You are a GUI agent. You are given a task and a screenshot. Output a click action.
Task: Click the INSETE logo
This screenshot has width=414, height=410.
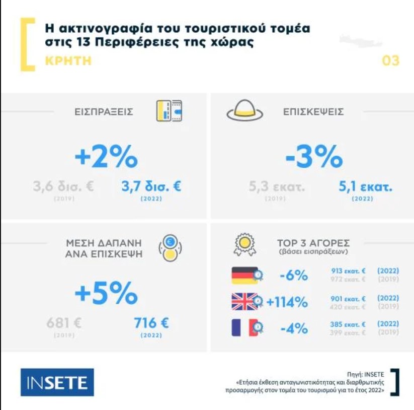click(x=57, y=382)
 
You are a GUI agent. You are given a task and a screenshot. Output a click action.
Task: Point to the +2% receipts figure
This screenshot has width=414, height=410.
click(x=106, y=158)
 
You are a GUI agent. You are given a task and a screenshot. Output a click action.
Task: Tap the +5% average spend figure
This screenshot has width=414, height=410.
click(x=106, y=293)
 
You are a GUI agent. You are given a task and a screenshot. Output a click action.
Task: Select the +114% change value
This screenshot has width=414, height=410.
click(x=287, y=302)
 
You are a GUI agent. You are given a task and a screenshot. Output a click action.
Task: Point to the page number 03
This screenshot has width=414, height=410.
click(x=390, y=61)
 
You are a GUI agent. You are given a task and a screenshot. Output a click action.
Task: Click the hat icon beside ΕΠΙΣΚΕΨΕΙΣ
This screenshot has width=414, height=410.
click(x=245, y=111)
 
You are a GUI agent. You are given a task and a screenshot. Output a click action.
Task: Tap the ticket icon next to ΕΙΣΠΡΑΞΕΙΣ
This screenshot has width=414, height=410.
click(x=169, y=111)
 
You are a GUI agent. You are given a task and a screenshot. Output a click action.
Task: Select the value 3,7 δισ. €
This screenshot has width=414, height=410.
click(x=151, y=186)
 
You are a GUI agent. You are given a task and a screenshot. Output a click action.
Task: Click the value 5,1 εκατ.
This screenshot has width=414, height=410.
click(x=366, y=187)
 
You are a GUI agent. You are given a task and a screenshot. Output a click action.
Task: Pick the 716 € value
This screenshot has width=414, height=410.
click(x=151, y=323)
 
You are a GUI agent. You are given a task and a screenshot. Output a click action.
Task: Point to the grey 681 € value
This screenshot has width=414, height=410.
click(x=64, y=323)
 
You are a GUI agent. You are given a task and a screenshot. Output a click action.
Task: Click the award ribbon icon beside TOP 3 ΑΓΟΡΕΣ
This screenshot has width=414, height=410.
click(x=245, y=245)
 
